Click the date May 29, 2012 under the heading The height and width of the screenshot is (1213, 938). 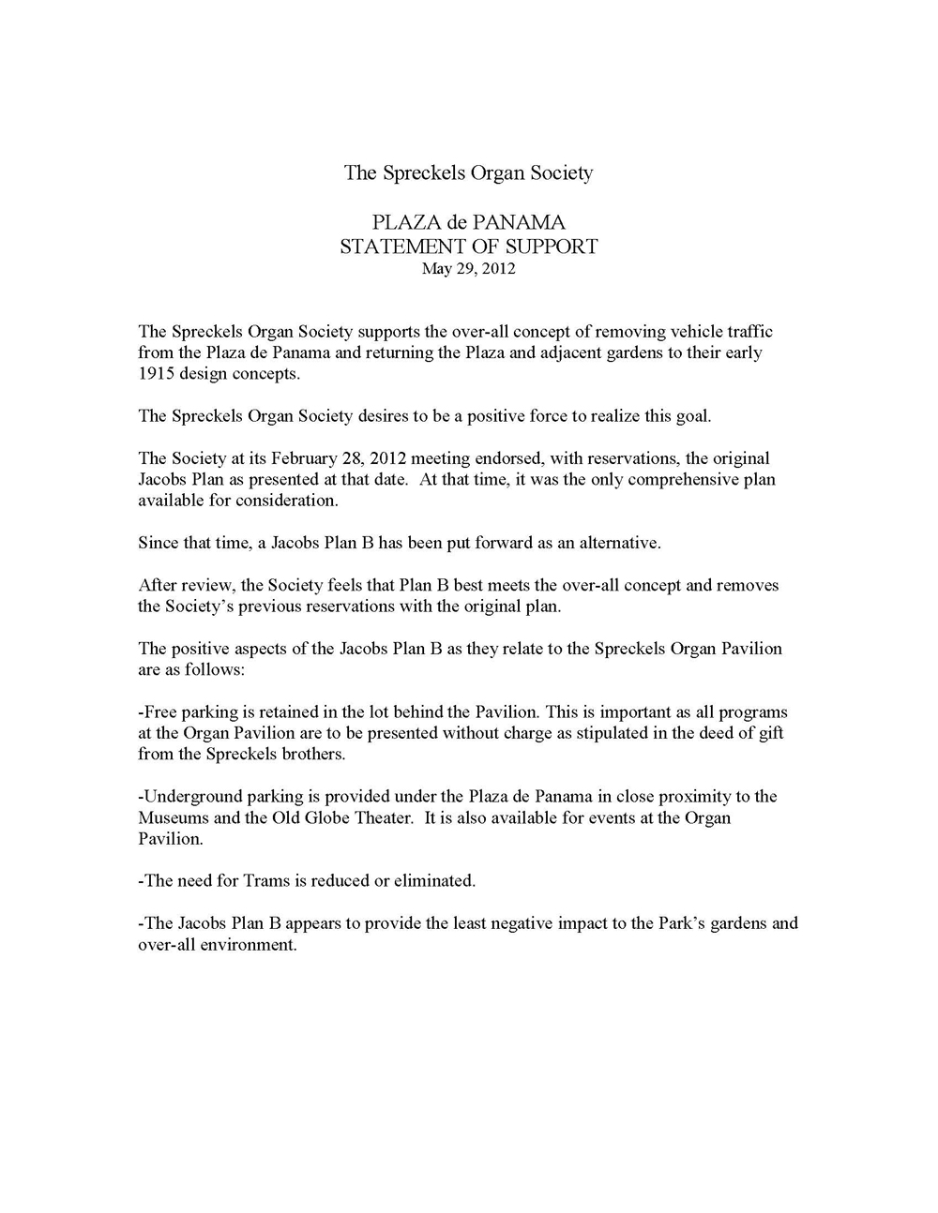pyautogui.click(x=468, y=269)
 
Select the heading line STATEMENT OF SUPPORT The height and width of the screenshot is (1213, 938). pyautogui.click(x=468, y=247)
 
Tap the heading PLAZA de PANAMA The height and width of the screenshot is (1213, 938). pyautogui.click(x=468, y=223)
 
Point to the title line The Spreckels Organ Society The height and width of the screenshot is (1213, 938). pyautogui.click(x=468, y=172)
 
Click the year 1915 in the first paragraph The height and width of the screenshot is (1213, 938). pyautogui.click(x=156, y=373)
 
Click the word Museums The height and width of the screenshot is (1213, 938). pyautogui.click(x=170, y=817)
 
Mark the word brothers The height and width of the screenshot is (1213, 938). pyautogui.click(x=314, y=754)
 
